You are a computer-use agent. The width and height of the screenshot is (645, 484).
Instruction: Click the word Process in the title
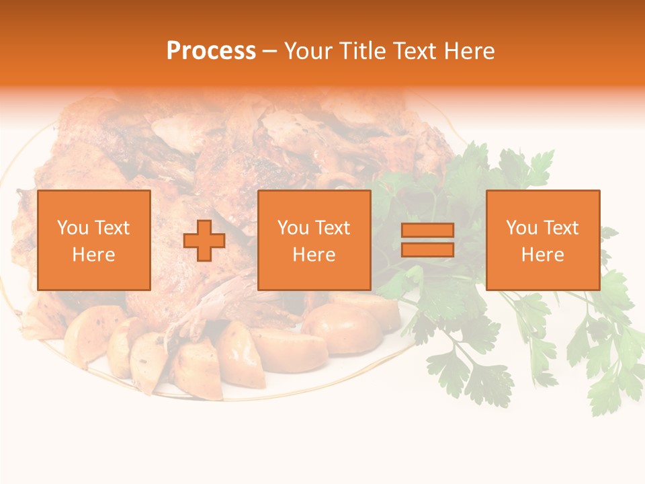(211, 51)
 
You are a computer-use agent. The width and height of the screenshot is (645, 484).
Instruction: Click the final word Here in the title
(470, 51)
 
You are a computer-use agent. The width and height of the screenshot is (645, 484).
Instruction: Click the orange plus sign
(204, 240)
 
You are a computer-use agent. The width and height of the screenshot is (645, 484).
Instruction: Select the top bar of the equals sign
(427, 231)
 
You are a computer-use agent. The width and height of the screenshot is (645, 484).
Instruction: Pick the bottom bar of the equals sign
(427, 249)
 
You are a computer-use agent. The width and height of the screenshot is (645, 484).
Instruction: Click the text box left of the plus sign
(94, 240)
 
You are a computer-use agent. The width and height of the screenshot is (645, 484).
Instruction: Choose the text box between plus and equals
(314, 240)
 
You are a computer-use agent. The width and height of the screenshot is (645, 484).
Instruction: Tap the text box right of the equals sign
(543, 240)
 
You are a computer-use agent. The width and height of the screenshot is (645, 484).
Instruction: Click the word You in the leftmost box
(72, 228)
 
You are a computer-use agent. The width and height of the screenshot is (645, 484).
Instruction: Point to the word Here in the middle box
(314, 255)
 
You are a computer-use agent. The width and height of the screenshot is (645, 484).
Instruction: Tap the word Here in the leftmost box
(94, 255)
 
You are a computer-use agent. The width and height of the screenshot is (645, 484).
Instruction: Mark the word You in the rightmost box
(521, 228)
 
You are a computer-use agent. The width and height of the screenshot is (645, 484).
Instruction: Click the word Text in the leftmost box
(112, 228)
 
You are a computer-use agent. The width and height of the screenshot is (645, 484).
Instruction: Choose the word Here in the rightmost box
(543, 255)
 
